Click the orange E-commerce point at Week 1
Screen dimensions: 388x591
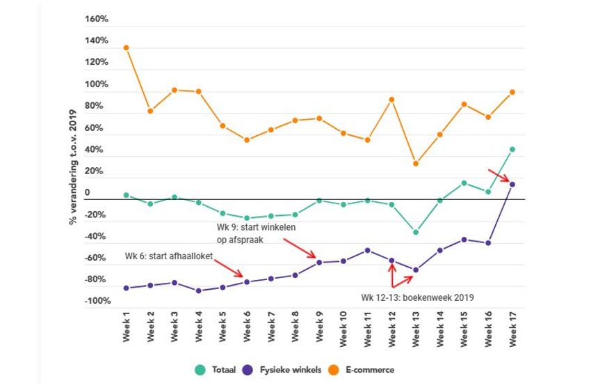click(x=126, y=48)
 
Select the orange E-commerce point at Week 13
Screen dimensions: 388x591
click(x=416, y=164)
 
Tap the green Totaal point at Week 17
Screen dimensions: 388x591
click(x=512, y=149)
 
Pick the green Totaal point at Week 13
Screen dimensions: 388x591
click(x=416, y=232)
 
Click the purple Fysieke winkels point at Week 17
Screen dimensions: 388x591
click(x=512, y=185)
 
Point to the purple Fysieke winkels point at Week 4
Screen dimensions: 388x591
click(x=199, y=290)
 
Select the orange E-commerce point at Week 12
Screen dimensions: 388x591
click(x=392, y=100)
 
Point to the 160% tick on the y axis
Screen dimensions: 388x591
click(x=97, y=19)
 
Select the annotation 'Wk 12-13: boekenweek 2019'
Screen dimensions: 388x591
click(x=417, y=297)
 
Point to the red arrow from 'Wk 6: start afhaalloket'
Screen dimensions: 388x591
click(x=229, y=268)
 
